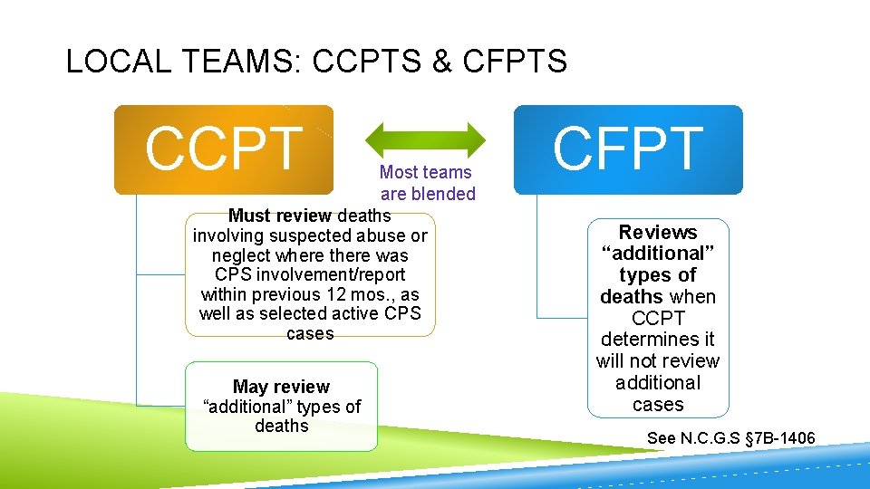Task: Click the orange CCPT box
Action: [x=223, y=149]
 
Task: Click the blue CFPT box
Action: [x=628, y=149]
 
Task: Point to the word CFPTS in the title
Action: [x=514, y=62]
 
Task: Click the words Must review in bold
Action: [x=281, y=216]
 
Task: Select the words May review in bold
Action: [x=281, y=387]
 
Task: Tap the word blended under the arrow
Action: [x=441, y=194]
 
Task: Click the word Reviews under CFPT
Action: [x=658, y=233]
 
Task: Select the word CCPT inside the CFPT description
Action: [x=657, y=318]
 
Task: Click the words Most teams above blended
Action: [x=425, y=172]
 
